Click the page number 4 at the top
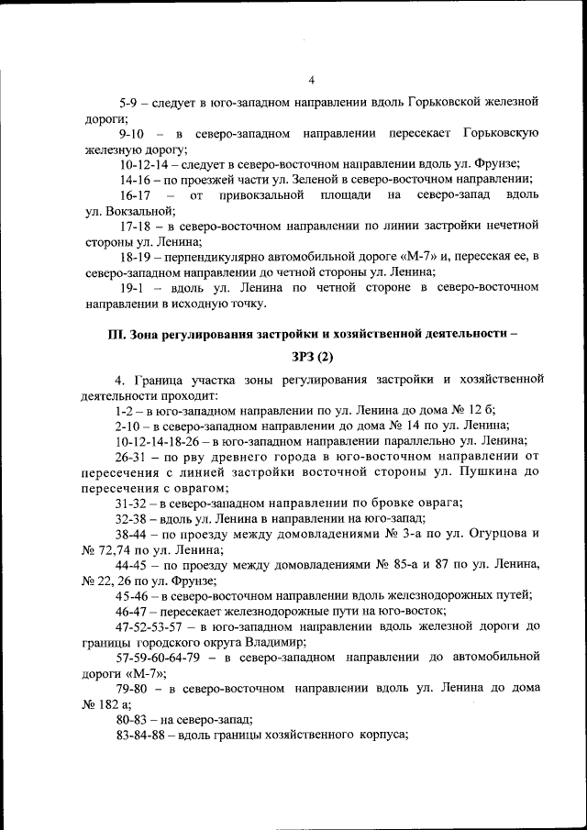point(311,80)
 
